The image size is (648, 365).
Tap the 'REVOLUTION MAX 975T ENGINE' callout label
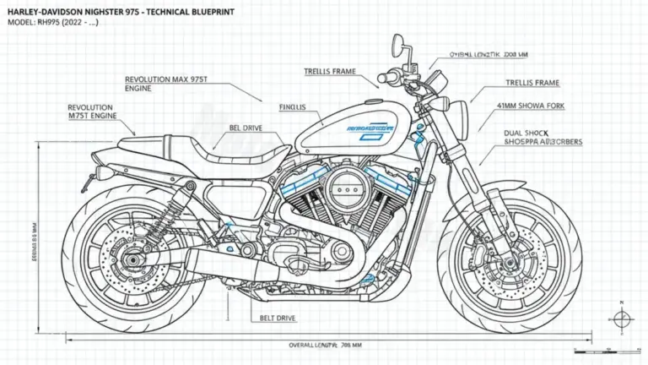pos(165,81)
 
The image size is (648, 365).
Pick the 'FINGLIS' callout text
pos(293,107)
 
